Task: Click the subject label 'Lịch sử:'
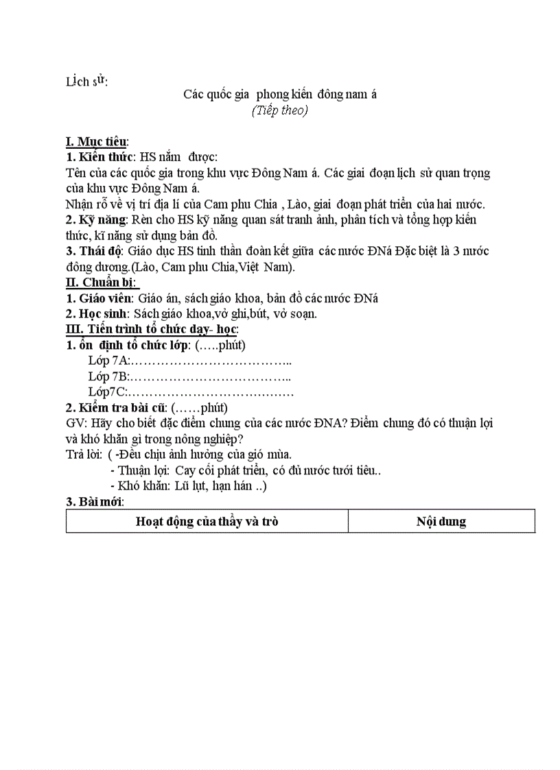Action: pos(86,82)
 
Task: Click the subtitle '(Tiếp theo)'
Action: pos(279,110)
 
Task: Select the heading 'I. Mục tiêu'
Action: pos(96,141)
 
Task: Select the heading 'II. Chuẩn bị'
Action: pos(100,282)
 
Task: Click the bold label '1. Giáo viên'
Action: pos(100,298)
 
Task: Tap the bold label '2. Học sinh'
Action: pos(97,313)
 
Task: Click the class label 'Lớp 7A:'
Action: pos(109,361)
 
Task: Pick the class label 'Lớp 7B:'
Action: pos(109,376)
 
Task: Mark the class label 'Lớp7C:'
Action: pos(108,392)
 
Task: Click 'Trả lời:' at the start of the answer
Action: pos(84,455)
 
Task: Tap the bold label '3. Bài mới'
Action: pos(94,502)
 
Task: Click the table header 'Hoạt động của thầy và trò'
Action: pos(207,521)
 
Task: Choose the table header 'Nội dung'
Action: pos(441,521)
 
